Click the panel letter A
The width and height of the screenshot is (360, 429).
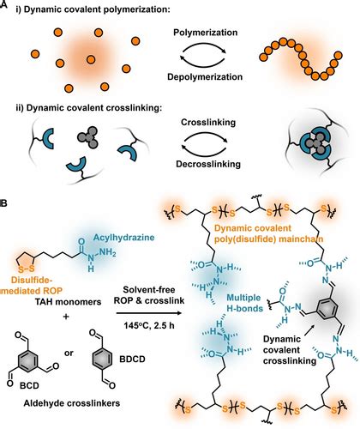coord(6,7)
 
